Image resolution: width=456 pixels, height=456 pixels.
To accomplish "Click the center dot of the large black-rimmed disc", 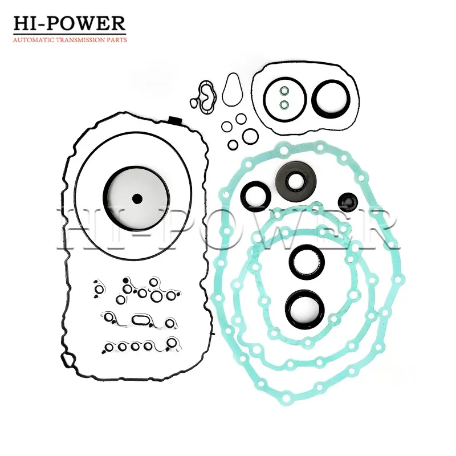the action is coord(136,199).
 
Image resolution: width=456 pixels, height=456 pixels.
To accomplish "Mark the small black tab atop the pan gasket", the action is coord(174,119).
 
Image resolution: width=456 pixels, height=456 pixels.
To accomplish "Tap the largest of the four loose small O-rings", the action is coord(249,136).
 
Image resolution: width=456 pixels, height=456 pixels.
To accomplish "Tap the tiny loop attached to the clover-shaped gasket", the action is coord(194,103).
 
